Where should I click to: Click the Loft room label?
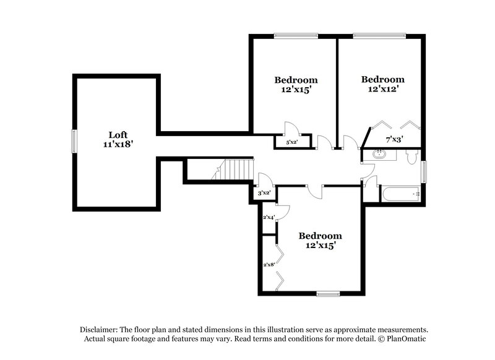[x=118, y=134]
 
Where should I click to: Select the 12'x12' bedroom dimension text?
[x=382, y=88]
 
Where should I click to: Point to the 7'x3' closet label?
[x=395, y=140]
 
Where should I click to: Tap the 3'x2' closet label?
[x=264, y=194]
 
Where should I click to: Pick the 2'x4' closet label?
[x=269, y=217]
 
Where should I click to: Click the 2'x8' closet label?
[x=269, y=265]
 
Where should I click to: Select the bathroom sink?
[x=377, y=155]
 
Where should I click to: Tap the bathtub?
[x=401, y=194]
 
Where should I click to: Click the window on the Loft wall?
[x=74, y=140]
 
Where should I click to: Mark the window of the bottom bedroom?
[x=328, y=293]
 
